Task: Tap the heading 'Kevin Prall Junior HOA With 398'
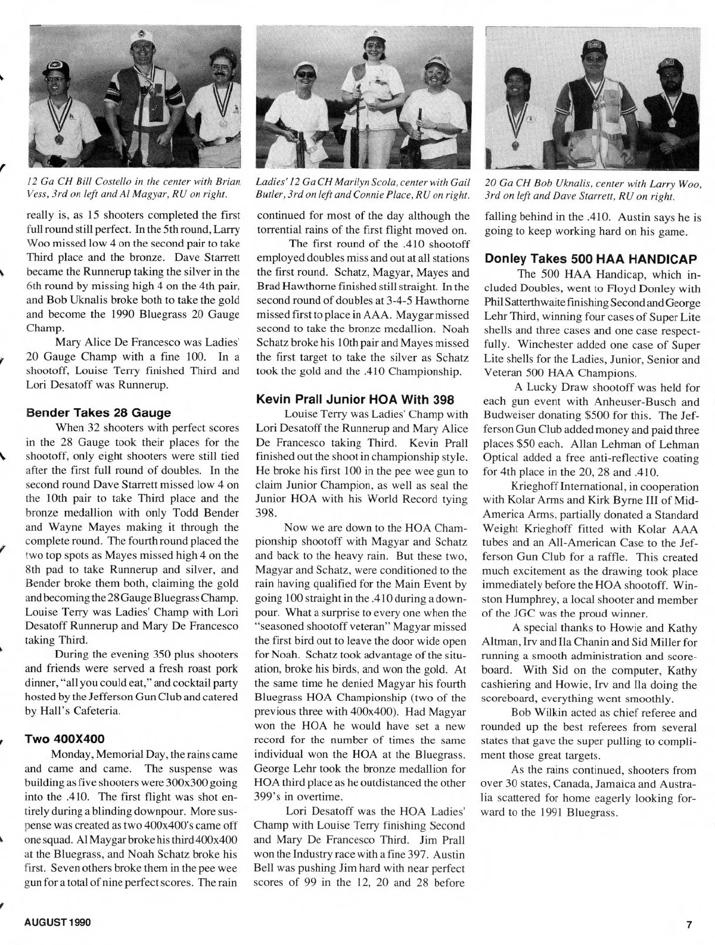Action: (x=355, y=399)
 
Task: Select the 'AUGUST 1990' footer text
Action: (x=57, y=923)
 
